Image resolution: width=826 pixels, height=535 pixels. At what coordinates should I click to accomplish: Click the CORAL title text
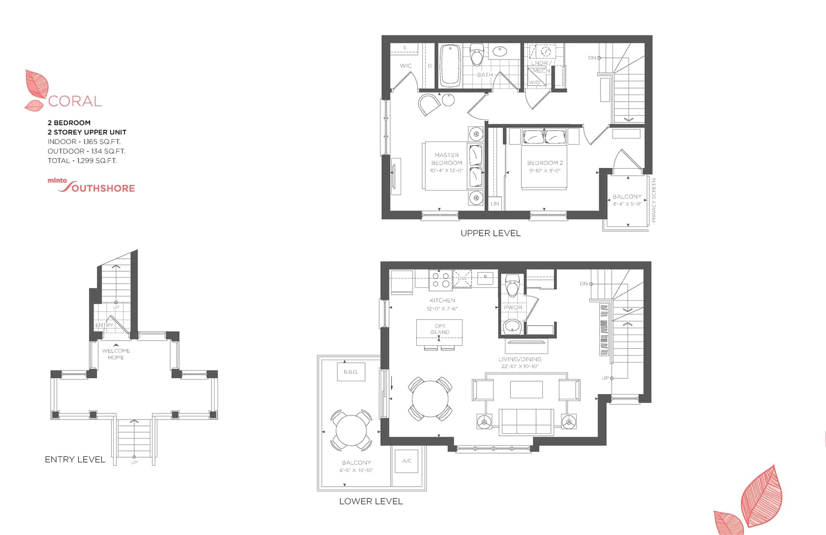coord(75,101)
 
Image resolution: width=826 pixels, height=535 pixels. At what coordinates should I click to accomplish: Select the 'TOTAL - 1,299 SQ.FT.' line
coord(82,160)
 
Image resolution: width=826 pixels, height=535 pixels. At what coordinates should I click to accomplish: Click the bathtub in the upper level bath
coord(450,66)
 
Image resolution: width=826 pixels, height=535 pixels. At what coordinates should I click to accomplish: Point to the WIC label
coord(406,66)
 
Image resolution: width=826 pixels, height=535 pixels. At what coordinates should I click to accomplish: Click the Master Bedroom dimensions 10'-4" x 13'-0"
coord(446,170)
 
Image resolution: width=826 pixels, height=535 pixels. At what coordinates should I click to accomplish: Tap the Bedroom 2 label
coord(545,163)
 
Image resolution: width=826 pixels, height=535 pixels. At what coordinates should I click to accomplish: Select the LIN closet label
coord(495,203)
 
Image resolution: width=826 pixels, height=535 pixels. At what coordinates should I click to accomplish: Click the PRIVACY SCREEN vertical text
coord(653,200)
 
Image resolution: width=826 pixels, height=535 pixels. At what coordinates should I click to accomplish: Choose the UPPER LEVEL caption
coord(491,233)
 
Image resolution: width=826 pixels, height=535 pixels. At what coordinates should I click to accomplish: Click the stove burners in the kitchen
coord(441,280)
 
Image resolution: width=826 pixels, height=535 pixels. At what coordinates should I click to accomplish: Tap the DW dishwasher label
coord(462,278)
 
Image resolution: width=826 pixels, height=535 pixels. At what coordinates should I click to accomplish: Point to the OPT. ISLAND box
coord(439,332)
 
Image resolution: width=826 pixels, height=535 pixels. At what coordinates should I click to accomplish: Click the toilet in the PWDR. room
coord(513,286)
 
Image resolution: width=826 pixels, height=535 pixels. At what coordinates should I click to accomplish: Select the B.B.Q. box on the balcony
coord(351,372)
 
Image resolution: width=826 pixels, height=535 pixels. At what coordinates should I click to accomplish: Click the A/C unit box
coord(407,461)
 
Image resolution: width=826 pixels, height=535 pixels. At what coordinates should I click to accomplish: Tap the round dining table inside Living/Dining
coord(430,399)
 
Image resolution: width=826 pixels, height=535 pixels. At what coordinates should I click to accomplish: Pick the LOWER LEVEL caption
coord(371,502)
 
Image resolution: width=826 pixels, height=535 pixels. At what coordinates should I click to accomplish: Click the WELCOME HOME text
coord(116,354)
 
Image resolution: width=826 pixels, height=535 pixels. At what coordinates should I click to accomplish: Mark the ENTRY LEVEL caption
coord(75,459)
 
